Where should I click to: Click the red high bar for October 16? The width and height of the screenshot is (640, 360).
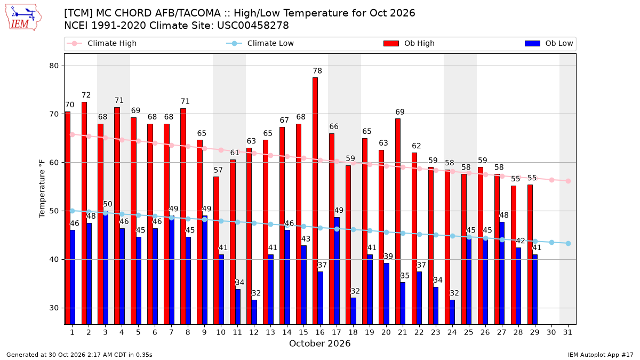(315, 201)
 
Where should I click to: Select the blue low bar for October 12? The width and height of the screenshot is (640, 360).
(254, 313)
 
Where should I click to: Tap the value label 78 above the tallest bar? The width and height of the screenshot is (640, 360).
(317, 70)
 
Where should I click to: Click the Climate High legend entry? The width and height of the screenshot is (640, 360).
(102, 43)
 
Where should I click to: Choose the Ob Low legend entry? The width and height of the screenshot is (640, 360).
(549, 43)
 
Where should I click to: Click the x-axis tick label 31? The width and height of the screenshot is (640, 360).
(567, 332)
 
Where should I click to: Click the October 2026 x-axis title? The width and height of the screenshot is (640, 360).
(319, 343)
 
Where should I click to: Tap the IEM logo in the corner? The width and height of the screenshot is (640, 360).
(23, 18)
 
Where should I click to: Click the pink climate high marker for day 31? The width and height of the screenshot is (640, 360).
(568, 181)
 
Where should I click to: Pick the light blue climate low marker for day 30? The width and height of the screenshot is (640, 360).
(551, 242)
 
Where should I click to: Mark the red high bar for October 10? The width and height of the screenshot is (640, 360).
(216, 251)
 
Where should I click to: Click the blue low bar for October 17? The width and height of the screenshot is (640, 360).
(337, 271)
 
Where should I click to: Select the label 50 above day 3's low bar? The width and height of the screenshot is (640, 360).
(107, 204)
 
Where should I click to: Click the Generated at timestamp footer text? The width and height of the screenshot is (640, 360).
(79, 355)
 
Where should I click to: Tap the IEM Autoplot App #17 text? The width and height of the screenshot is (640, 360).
(601, 355)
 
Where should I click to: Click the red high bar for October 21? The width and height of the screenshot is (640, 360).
(398, 221)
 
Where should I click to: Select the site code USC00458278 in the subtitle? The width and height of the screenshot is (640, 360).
(253, 26)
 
